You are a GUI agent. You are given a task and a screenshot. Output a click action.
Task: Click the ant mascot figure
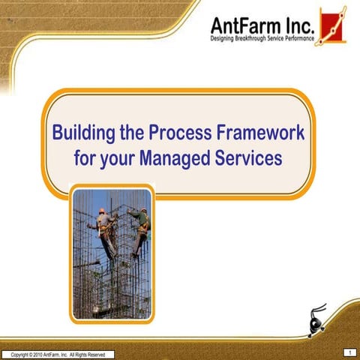(317, 319)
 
